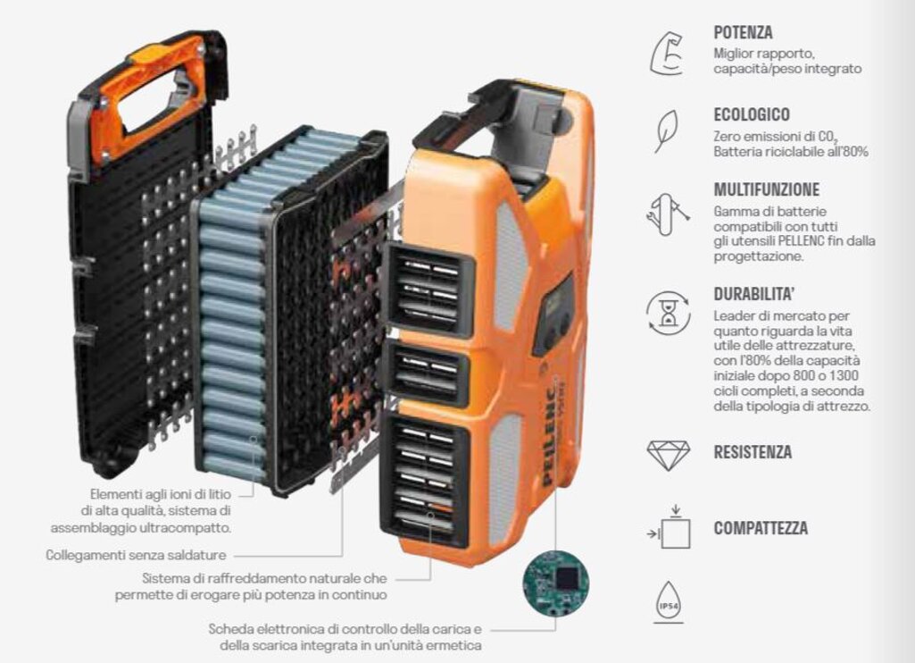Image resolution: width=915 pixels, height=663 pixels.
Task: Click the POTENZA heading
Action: (743, 32)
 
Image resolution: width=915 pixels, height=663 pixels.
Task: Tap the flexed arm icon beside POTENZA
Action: (668, 53)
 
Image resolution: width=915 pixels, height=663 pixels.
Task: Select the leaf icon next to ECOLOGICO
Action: (666, 130)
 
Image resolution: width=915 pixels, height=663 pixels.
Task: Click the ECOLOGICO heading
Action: (752, 114)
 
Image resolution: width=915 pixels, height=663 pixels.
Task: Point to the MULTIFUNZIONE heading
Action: (767, 189)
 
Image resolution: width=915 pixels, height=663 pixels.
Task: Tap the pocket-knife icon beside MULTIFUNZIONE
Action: (668, 214)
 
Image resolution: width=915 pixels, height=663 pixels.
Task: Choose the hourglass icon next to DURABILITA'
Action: (668, 313)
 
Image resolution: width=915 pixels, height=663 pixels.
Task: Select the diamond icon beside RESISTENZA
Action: (669, 455)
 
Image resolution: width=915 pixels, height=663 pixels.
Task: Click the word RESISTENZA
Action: (753, 452)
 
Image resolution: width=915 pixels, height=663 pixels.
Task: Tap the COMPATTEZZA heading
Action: (761, 528)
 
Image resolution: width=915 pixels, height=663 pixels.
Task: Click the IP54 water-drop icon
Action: (669, 601)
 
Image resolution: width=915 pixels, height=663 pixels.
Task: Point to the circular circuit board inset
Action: (556, 583)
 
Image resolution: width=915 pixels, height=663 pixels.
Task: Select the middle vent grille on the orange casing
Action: (427, 373)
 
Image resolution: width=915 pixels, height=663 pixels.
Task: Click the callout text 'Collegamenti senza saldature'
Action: (136, 555)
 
